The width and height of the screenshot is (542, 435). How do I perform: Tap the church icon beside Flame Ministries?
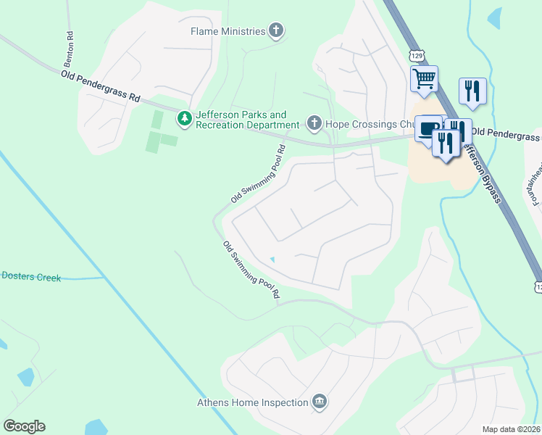tap(275, 30)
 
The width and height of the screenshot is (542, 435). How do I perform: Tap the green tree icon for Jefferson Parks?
tap(185, 118)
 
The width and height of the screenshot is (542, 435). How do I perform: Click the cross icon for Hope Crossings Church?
tap(314, 123)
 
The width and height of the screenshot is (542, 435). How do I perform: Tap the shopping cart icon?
tap(424, 78)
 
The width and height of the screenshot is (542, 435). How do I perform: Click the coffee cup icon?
tap(428, 128)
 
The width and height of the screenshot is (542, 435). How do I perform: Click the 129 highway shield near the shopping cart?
tap(415, 55)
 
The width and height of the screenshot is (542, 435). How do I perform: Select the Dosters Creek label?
tap(31, 276)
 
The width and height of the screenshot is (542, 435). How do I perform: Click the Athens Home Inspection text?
tap(253, 402)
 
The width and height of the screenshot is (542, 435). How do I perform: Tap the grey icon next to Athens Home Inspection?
tap(319, 402)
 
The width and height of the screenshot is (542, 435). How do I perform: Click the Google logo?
tap(24, 426)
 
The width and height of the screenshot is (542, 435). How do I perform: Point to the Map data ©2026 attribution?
tap(512, 429)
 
